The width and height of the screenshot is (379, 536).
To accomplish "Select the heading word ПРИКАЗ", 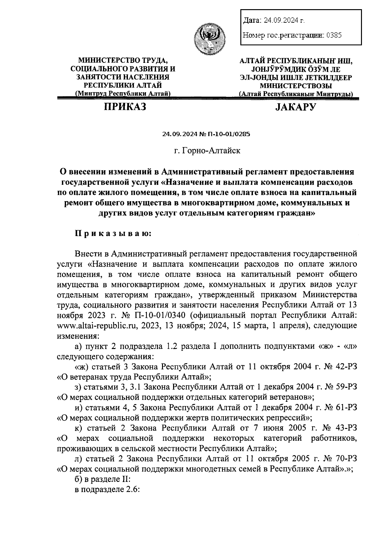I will pos(125,107).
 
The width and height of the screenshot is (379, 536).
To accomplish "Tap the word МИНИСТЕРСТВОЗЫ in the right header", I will pos(296,86).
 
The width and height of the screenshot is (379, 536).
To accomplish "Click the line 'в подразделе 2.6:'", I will pos(107,489).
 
